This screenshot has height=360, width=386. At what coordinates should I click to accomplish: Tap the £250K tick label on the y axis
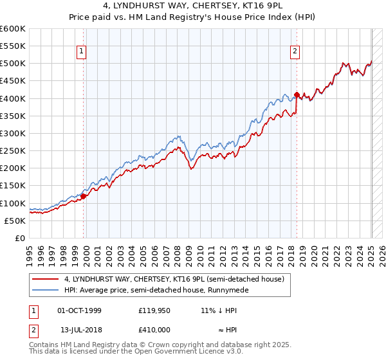(12, 150)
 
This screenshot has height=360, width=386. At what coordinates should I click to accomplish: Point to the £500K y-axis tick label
(12, 64)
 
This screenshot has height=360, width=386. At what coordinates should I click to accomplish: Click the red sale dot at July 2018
(297, 95)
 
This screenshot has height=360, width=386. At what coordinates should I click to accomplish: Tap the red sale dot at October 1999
(84, 196)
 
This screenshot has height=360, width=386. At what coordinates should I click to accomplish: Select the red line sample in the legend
(46, 278)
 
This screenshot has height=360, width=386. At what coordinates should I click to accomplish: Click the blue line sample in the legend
(46, 290)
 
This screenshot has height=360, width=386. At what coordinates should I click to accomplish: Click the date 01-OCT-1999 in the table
(79, 310)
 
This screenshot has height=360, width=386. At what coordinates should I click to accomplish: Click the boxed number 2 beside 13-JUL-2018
(33, 330)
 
